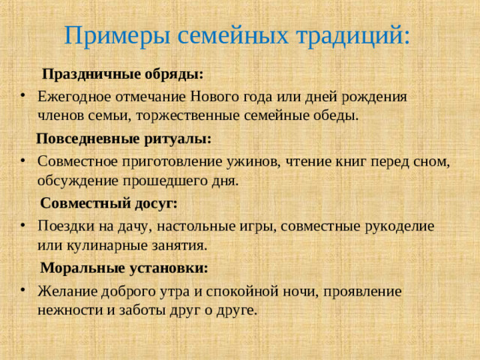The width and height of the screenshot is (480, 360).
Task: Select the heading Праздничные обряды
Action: click(122, 75)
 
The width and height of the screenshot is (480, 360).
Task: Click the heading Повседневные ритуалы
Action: click(123, 139)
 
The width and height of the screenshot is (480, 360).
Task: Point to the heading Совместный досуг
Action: click(109, 203)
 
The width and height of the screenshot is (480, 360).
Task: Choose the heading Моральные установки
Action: click(124, 268)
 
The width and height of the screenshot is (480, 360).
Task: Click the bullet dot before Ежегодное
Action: click(24, 97)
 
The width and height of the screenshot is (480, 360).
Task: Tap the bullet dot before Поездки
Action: click(24, 226)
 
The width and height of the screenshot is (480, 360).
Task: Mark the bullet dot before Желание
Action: click(24, 290)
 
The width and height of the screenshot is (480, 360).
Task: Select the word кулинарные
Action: click(97, 244)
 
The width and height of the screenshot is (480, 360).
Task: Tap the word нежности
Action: click(67, 309)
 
